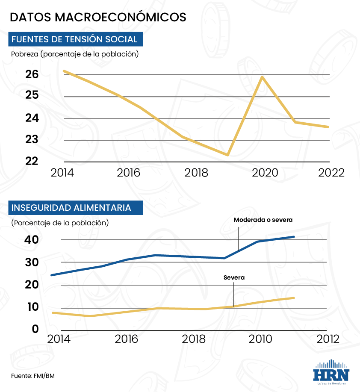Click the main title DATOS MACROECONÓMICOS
pyautogui.click(x=98, y=17)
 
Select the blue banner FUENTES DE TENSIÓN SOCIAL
pyautogui.click(x=75, y=39)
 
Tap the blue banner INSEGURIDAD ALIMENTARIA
pyautogui.click(x=71, y=208)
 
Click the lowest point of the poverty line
pyautogui.click(x=228, y=155)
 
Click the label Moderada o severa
pyautogui.click(x=263, y=220)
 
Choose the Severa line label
pyautogui.click(x=234, y=277)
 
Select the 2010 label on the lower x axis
pyautogui.click(x=260, y=339)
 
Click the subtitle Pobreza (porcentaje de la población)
pyautogui.click(x=75, y=54)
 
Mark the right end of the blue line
pyautogui.click(x=294, y=236)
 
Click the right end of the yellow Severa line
pyautogui.click(x=294, y=298)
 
